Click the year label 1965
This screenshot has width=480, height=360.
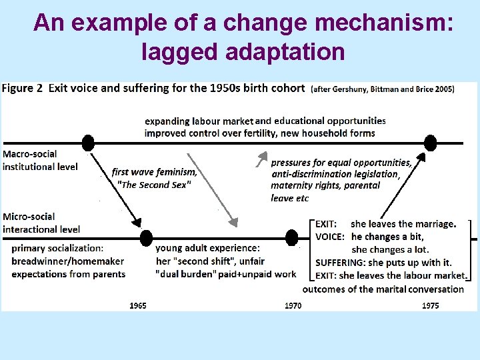138,305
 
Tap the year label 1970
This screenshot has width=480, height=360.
293,305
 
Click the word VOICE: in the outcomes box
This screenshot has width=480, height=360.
330,237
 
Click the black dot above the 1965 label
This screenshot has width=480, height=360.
146,237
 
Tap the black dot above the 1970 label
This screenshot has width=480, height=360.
291,237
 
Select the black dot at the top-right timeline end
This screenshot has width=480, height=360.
431,143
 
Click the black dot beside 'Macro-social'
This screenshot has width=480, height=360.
87,143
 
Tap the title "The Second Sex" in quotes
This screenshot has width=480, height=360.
153,185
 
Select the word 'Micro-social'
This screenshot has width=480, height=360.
29,217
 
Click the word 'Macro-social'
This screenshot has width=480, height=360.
31,154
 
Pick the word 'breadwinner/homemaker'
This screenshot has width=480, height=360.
68,261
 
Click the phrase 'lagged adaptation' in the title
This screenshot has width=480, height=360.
243,51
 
